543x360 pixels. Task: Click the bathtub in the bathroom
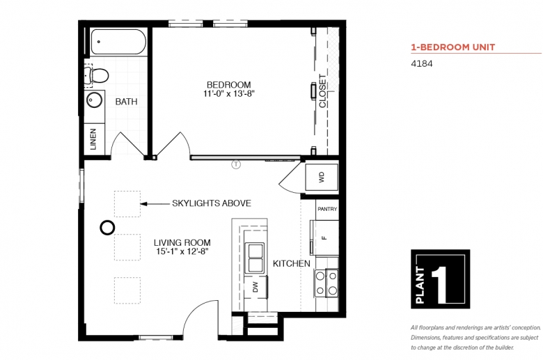click(118, 42)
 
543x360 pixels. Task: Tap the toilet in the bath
click(97, 75)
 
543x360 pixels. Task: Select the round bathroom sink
click(94, 100)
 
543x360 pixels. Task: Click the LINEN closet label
click(93, 139)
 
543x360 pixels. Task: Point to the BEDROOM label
click(228, 84)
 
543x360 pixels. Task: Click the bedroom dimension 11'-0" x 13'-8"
click(228, 93)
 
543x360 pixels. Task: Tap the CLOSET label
click(322, 91)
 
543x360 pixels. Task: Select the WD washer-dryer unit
click(322, 177)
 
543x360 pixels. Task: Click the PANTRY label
click(327, 209)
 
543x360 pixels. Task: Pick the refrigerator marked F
click(324, 237)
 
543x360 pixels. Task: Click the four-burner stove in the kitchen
click(326, 283)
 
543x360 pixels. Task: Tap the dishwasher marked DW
click(255, 287)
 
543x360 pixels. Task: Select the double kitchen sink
click(255, 257)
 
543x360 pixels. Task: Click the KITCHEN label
click(292, 264)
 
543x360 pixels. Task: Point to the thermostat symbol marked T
click(236, 164)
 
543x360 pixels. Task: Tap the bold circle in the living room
click(107, 228)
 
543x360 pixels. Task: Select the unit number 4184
click(421, 64)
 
